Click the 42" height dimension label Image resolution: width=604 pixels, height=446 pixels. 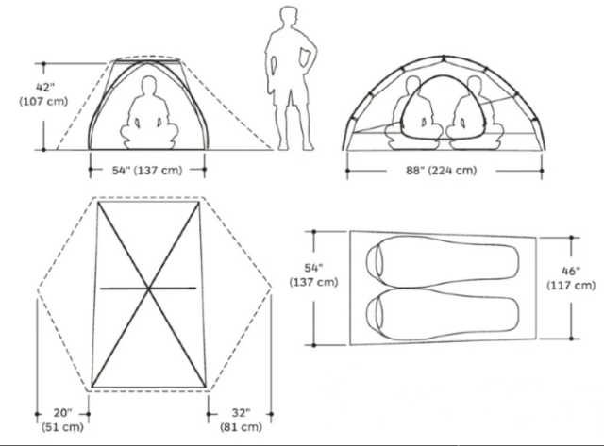(x=45, y=88)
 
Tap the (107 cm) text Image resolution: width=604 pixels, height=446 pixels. (x=43, y=102)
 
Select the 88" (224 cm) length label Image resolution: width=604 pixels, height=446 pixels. (x=442, y=170)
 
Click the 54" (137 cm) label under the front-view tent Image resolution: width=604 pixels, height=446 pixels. (x=147, y=170)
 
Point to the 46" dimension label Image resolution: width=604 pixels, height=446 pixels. (x=571, y=271)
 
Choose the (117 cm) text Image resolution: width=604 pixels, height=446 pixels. (x=571, y=286)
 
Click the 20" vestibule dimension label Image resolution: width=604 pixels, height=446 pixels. (x=63, y=413)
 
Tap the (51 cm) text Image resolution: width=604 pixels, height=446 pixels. (x=63, y=427)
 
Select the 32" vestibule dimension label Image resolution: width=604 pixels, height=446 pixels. (x=242, y=413)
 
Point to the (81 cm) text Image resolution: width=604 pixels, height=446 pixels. (x=242, y=427)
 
